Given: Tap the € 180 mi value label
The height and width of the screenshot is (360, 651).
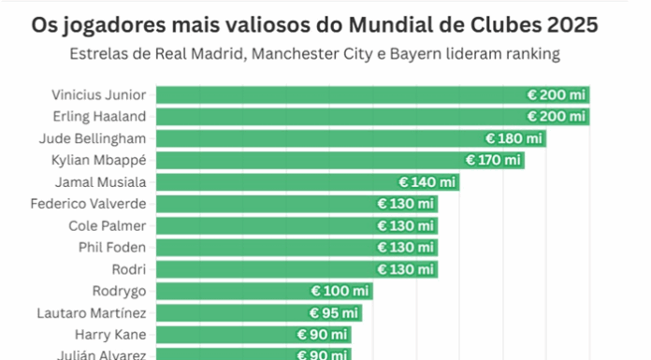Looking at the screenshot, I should pos(514,138).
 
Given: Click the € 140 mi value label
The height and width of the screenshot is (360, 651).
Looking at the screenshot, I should pos(427,182).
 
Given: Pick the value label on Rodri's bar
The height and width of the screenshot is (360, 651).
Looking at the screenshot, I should pos(405,269).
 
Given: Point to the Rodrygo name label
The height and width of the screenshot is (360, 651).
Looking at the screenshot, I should pos(119,291).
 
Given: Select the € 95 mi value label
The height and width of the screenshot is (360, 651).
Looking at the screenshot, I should pos(333,312).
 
